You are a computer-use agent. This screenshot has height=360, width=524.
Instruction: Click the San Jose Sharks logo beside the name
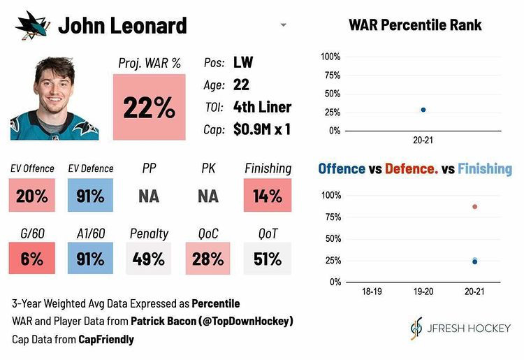(31, 26)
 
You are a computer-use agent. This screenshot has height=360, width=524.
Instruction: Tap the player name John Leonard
(122, 26)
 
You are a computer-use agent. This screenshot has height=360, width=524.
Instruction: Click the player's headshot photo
(54, 98)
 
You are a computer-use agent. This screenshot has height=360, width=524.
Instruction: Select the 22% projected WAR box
(149, 107)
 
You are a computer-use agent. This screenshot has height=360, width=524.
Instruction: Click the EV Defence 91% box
(89, 196)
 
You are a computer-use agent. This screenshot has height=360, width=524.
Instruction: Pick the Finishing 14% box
(268, 196)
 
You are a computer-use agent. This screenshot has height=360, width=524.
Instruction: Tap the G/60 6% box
(31, 259)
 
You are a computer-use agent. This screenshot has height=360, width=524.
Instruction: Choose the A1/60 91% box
(89, 259)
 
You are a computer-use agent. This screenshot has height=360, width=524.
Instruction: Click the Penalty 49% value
(149, 259)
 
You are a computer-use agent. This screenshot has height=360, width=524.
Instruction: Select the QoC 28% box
(208, 259)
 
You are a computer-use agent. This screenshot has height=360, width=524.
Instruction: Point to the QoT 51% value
(268, 259)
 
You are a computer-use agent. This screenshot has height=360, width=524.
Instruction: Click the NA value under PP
(149, 196)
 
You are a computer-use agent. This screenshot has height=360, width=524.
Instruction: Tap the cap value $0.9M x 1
(262, 129)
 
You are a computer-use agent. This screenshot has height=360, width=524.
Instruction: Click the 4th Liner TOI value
(262, 107)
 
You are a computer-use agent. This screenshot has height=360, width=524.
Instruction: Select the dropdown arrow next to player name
(283, 25)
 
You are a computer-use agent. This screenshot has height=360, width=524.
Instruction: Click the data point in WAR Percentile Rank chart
(423, 110)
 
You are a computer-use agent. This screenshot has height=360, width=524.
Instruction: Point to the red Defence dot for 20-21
(475, 207)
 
